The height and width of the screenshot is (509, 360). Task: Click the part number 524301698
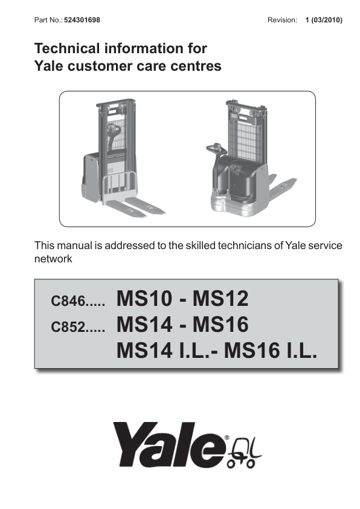(82, 20)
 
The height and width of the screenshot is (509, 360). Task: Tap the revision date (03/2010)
(327, 20)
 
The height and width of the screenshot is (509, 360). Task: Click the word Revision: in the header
(282, 20)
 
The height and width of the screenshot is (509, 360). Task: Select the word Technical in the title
(67, 48)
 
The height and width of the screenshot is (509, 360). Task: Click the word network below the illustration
(53, 259)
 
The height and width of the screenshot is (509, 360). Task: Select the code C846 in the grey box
(68, 300)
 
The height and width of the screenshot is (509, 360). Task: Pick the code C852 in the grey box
(68, 326)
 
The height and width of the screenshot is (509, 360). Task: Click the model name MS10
(144, 298)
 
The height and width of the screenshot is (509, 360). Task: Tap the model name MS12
(220, 298)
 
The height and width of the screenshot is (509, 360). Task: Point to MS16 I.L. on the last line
(271, 351)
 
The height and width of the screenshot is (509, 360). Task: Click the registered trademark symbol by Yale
(227, 438)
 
